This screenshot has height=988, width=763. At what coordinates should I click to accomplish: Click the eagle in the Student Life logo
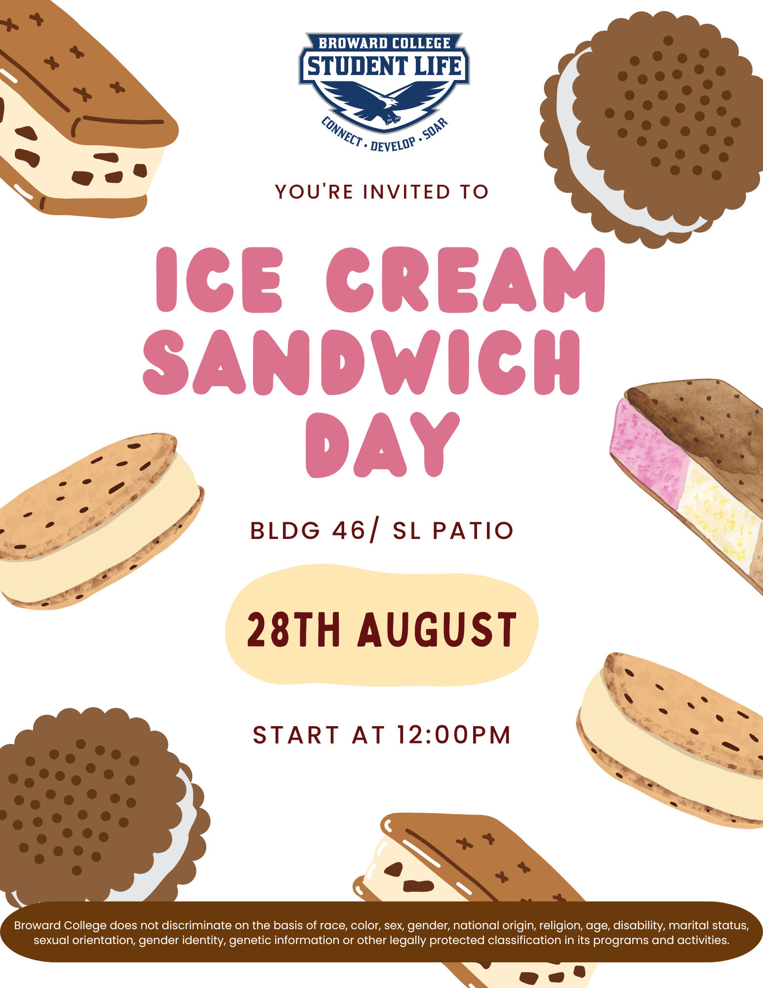384,101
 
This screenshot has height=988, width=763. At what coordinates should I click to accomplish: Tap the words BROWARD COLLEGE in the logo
384,43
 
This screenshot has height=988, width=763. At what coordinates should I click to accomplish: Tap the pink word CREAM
466,280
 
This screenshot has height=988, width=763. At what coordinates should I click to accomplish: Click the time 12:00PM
454,735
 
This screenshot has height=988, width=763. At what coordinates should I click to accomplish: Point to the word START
296,735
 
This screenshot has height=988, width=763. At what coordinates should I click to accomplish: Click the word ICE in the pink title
219,280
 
